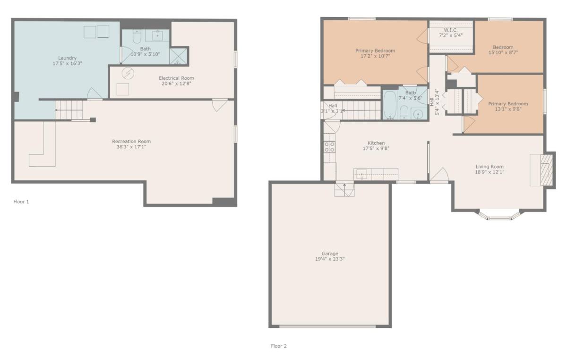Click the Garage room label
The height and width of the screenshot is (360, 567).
pyautogui.click(x=330, y=253)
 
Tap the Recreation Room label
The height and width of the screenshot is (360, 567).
pyautogui.click(x=131, y=141)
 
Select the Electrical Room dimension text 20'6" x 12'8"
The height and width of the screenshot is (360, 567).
pyautogui.click(x=176, y=84)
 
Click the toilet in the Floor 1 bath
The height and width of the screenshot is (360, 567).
pyautogui.click(x=137, y=36)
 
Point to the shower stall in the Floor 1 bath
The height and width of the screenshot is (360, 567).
pyautogui.click(x=179, y=56)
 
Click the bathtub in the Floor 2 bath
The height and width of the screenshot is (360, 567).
pyautogui.click(x=390, y=105)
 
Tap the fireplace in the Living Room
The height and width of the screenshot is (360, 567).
pyautogui.click(x=547, y=170)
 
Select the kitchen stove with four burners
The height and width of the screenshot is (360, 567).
pyautogui.click(x=330, y=147)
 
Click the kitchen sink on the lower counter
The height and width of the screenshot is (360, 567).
pyautogui.click(x=362, y=174)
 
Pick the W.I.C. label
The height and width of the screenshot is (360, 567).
pyautogui.click(x=451, y=30)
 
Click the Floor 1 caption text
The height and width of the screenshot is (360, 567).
pyautogui.click(x=21, y=202)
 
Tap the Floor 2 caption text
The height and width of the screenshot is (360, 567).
pyautogui.click(x=279, y=346)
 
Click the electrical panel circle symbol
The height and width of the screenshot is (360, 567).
pyautogui.click(x=128, y=73)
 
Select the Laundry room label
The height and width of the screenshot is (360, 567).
pyautogui.click(x=67, y=58)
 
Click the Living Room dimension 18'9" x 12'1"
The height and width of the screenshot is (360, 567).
pyautogui.click(x=490, y=172)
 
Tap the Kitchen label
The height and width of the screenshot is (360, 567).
pyautogui.click(x=376, y=143)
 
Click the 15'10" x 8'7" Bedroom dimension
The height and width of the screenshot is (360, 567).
pyautogui.click(x=503, y=52)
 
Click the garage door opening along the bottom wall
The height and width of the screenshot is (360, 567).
pyautogui.click(x=327, y=326)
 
